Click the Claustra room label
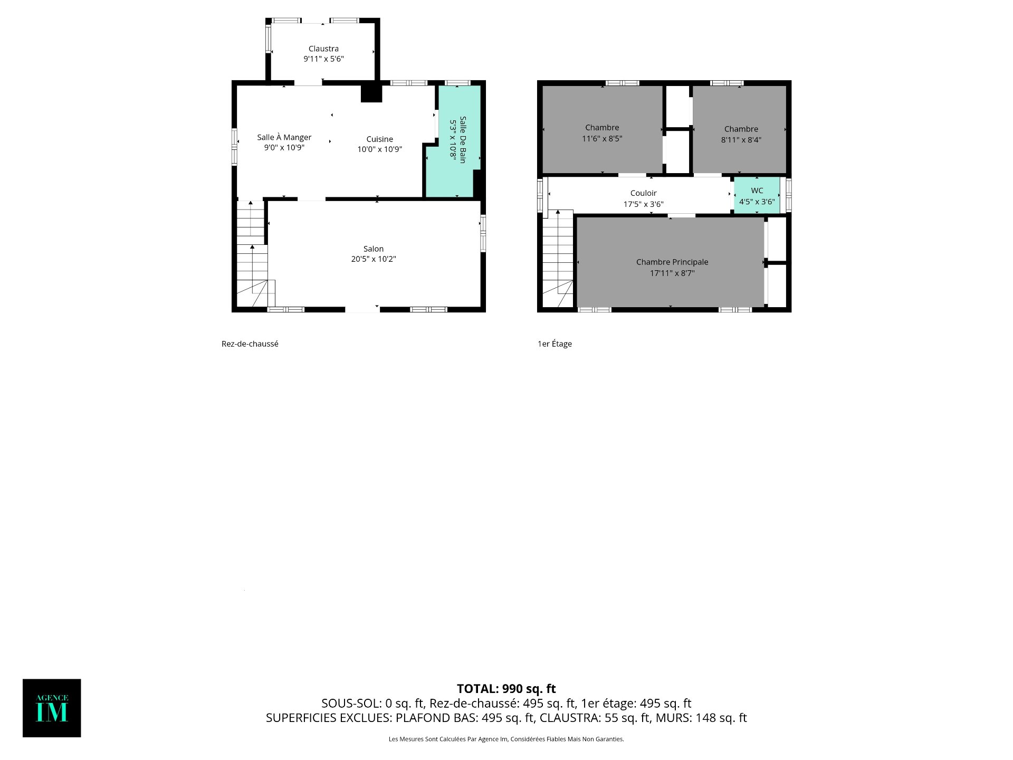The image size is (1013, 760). [x=323, y=49]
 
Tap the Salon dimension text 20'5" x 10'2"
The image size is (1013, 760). [x=374, y=259]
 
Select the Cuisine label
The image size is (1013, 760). [x=380, y=139]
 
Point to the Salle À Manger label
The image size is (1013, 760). [x=284, y=137]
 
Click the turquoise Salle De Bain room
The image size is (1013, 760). [x=453, y=141]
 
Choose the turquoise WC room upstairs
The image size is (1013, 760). [x=757, y=195]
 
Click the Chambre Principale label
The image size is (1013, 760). [x=672, y=262]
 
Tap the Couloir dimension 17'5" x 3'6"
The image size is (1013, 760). [x=644, y=204]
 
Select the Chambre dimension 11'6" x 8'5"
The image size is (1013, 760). [x=602, y=139]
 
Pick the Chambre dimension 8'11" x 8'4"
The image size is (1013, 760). [x=741, y=140]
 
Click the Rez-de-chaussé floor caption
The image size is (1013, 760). [x=250, y=344]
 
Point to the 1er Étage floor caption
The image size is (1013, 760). [x=555, y=344]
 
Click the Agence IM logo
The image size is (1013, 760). [x=52, y=708]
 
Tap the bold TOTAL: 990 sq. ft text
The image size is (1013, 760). [x=506, y=689]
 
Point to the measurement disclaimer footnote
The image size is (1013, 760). [x=506, y=739]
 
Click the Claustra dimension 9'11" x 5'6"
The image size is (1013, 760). [x=323, y=59]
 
